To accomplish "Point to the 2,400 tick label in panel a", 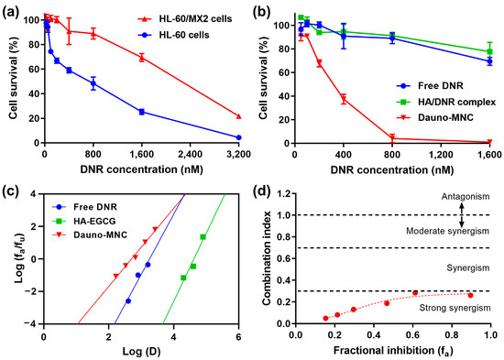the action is pos(190,155).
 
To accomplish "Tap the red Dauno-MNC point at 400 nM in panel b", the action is pos(344,100).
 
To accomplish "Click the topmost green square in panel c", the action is pos(203,237).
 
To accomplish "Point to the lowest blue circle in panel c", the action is pos(128,301).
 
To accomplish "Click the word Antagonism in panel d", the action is pos(466,196).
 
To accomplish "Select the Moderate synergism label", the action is pos(448,231).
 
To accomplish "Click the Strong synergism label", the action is pos(455,309).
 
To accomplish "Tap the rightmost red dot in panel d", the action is pos(471,295).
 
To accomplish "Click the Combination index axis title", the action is pos(267,258).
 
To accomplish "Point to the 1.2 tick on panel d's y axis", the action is pos(284,194).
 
